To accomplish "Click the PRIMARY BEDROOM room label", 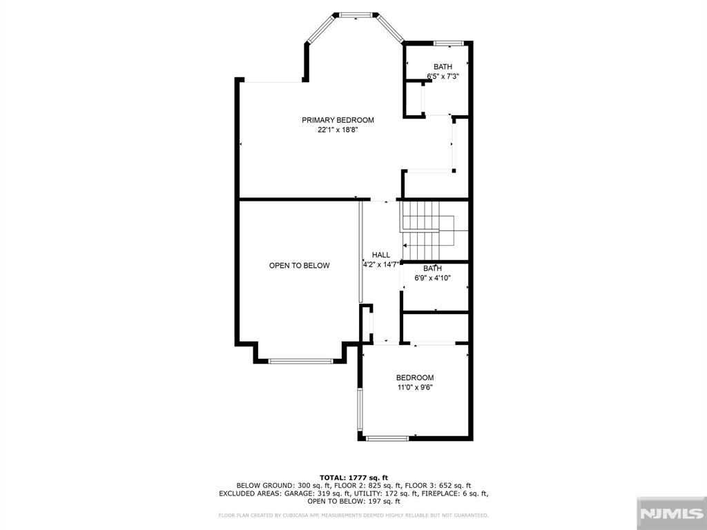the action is click(x=338, y=120).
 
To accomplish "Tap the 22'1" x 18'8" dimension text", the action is click(x=338, y=130).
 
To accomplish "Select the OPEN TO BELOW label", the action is click(x=300, y=266).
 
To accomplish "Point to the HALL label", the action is click(x=381, y=255).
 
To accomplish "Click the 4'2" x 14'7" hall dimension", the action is click(x=381, y=264).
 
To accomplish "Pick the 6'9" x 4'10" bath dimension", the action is click(x=433, y=278).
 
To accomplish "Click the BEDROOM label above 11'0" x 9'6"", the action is click(x=415, y=377).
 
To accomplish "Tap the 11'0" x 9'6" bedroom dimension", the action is click(x=415, y=387).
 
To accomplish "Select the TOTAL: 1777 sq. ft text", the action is click(x=353, y=478).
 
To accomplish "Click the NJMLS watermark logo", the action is click(x=671, y=513).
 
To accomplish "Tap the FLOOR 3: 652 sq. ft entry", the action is click(x=438, y=486).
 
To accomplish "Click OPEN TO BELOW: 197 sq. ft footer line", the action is click(x=353, y=501).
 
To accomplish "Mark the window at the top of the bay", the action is click(x=356, y=15).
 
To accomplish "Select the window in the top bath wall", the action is click(x=449, y=43).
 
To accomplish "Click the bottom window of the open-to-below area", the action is click(x=300, y=361).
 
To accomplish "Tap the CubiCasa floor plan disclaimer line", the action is click(x=353, y=515).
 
